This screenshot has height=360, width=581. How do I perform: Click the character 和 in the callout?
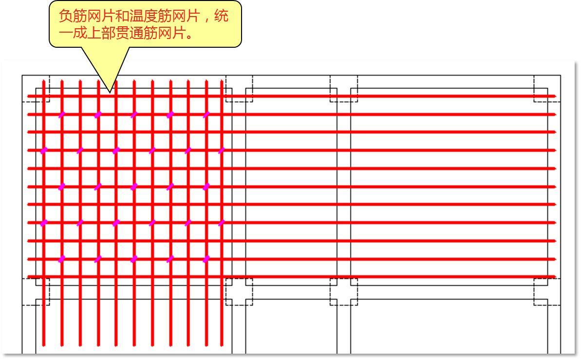(x=122, y=17)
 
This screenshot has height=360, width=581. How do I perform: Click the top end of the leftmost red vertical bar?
(x=43, y=81)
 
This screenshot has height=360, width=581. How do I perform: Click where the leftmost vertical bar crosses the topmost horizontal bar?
(x=43, y=96)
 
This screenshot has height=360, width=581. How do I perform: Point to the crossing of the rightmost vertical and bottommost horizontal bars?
(x=222, y=277)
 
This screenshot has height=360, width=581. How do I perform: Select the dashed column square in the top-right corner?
(x=547, y=89)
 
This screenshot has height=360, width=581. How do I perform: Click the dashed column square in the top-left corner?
(x=36, y=89)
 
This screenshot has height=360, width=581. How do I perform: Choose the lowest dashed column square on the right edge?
(x=547, y=292)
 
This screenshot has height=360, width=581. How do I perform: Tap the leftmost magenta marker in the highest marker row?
(x=62, y=114)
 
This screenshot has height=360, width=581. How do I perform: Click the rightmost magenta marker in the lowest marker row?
(x=206, y=259)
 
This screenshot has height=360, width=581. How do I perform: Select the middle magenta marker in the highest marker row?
(x=134, y=114)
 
